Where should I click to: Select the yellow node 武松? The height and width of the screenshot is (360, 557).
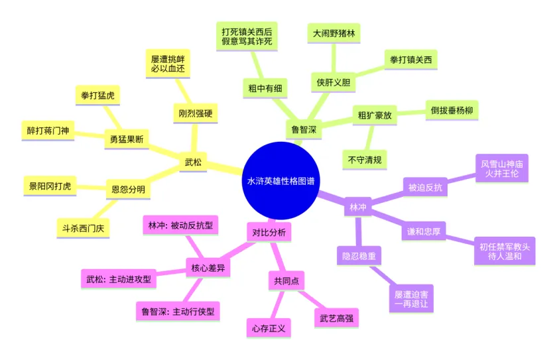[194, 161]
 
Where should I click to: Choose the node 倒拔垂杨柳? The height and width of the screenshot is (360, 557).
[451, 109]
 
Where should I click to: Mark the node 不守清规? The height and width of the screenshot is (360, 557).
[364, 159]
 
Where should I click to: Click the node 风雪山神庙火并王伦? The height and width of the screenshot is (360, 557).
[503, 168]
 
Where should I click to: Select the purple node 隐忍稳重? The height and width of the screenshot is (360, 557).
[360, 255]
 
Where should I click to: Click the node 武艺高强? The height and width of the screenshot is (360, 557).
[336, 318]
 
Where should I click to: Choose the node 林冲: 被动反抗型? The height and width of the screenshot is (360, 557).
[181, 225]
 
